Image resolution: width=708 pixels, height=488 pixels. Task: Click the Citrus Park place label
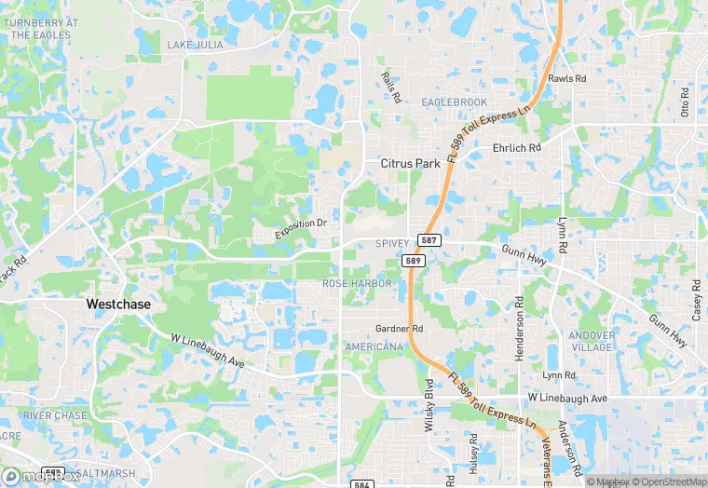click(410, 163)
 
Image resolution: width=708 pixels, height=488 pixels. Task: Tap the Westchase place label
click(118, 304)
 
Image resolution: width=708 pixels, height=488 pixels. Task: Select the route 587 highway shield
click(429, 240)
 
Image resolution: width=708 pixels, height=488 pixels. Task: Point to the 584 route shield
click(364, 484)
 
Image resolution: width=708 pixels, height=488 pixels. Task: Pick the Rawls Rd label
click(567, 79)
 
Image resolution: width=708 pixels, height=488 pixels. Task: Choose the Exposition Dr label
click(301, 228)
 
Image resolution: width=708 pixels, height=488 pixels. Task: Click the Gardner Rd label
click(399, 329)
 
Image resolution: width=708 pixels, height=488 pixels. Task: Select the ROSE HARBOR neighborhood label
click(357, 283)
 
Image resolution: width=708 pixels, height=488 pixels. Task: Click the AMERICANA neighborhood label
click(374, 346)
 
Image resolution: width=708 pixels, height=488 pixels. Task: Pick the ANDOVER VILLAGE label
click(592, 341)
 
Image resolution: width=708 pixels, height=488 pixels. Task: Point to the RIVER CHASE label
click(56, 415)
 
